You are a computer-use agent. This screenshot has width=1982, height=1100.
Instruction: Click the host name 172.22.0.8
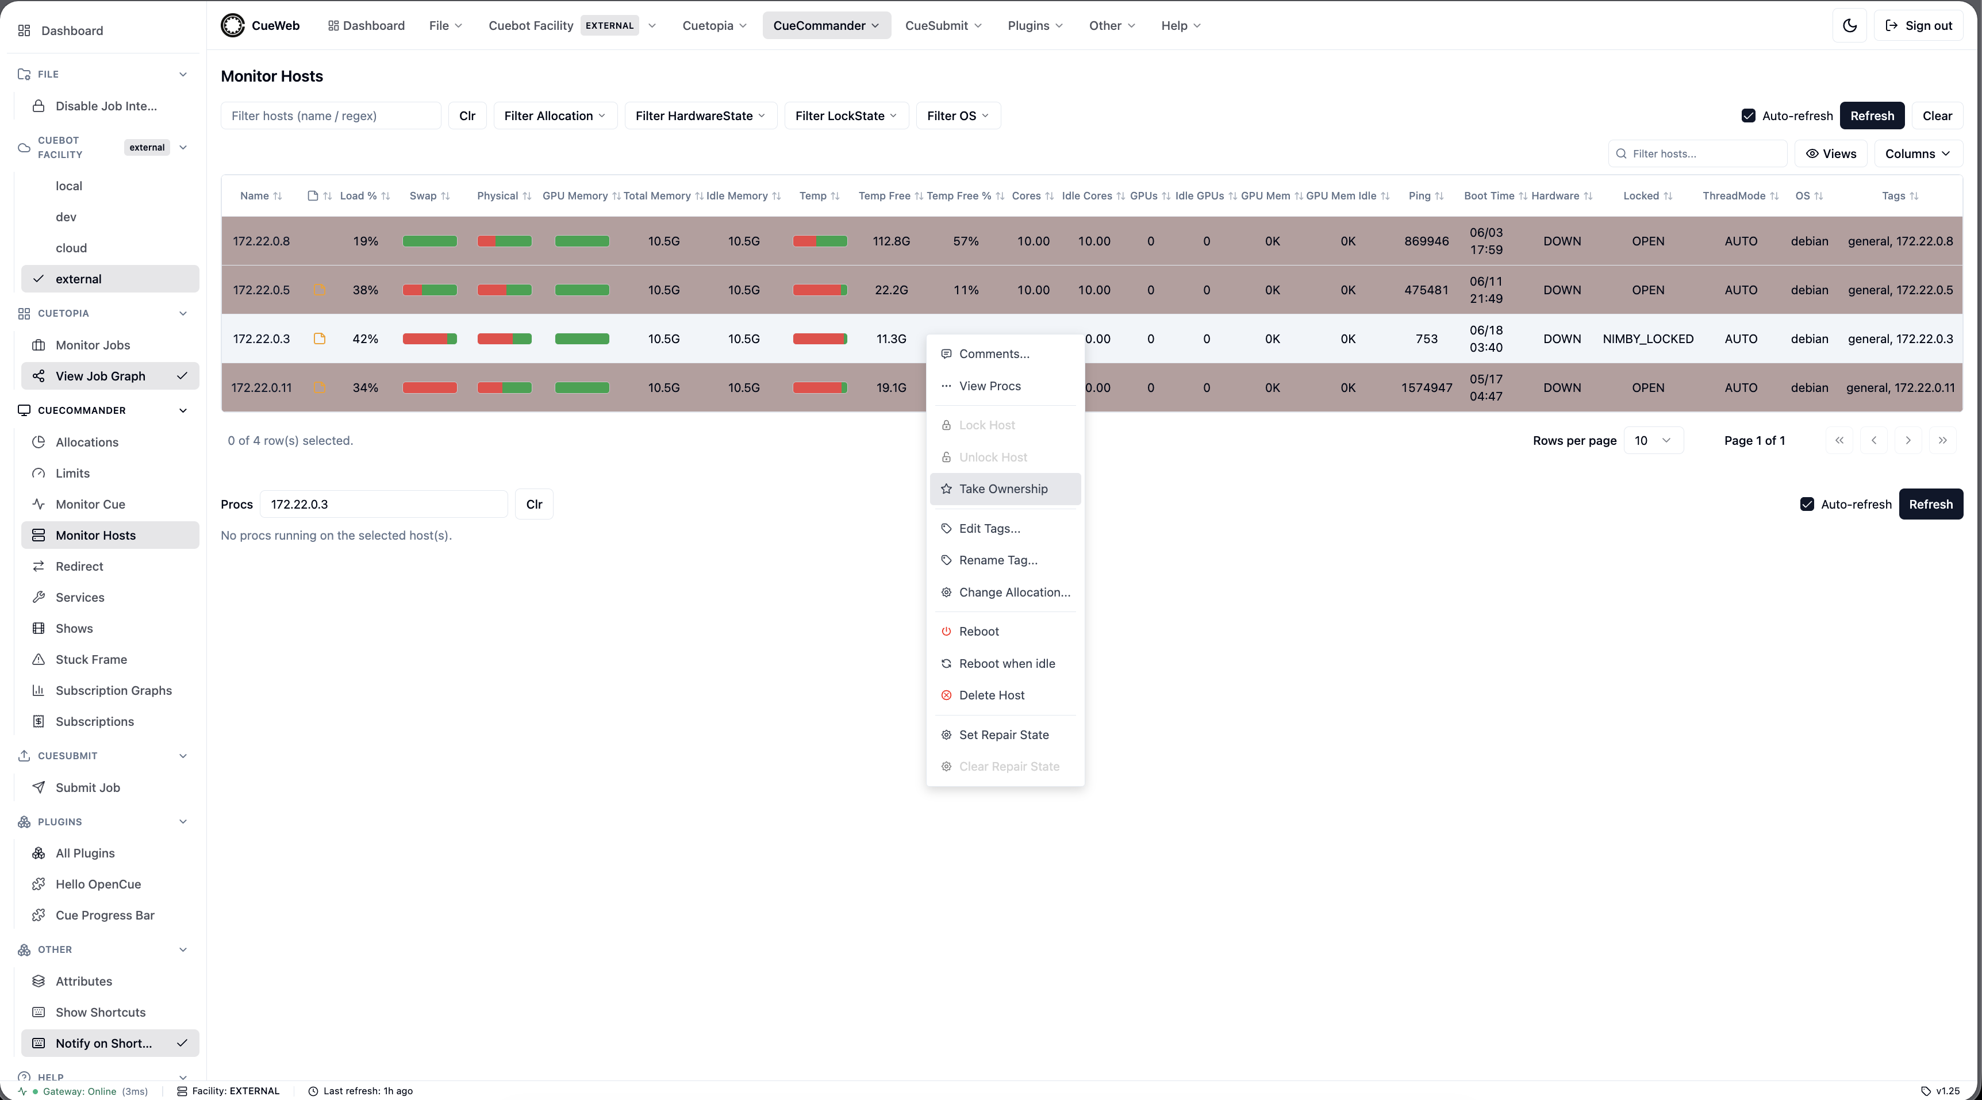(262, 241)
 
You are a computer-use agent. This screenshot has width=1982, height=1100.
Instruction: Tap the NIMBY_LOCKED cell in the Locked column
(1648, 339)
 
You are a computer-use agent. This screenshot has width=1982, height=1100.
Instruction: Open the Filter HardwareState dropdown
(700, 116)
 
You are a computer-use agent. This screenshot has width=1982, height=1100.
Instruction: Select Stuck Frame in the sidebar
(91, 660)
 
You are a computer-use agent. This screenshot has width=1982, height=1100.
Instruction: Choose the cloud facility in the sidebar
(71, 248)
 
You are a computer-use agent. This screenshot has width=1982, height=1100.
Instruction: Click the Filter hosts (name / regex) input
(331, 116)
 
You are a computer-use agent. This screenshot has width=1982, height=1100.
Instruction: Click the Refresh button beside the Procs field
(1930, 505)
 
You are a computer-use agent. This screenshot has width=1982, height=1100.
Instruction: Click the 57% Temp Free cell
(966, 241)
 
